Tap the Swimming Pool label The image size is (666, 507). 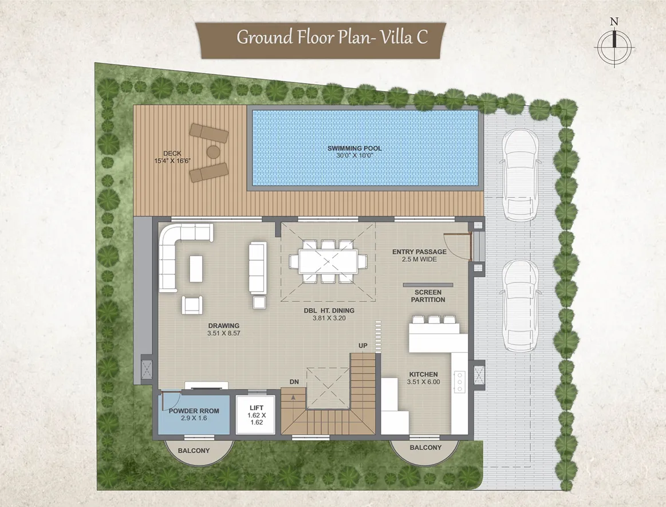pos(354,148)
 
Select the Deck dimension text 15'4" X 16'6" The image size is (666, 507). pos(172,160)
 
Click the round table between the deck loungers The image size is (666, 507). pos(213,151)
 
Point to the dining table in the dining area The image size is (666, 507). pos(328,261)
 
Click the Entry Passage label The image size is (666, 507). pos(419,251)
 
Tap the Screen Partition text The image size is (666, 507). pos(428,296)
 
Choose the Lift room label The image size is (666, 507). pos(257,407)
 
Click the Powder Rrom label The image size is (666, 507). pos(194,411)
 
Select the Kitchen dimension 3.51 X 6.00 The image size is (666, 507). pos(423,382)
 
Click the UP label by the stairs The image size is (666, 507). pos(362,345)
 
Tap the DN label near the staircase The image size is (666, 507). pos(294,382)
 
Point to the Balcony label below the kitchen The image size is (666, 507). pos(425,447)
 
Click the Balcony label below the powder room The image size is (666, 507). pos(194,450)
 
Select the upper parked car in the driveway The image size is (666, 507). pos(521,175)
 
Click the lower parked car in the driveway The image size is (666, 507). pos(521,305)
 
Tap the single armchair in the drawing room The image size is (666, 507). pos(192,305)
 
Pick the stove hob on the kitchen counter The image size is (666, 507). pos(459,382)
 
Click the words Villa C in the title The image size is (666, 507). pos(403,37)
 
